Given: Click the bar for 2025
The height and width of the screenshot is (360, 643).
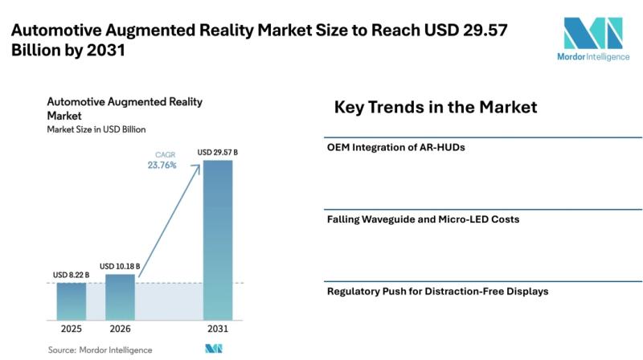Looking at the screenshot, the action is pos(72,301).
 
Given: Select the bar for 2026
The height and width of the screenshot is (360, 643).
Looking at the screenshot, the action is pos(120,297).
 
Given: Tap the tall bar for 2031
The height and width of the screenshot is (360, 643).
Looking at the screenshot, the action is pos(218,240).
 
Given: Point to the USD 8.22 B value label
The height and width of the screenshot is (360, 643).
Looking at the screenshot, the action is pos(71,275).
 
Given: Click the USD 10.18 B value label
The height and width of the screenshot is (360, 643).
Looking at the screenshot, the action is pos(120,266).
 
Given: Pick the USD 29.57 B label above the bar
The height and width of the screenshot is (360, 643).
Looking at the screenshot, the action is pos(217,152).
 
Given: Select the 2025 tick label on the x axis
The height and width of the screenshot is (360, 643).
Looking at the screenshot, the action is pos(72,329).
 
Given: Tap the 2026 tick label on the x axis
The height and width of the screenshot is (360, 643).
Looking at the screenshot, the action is pos(120,329).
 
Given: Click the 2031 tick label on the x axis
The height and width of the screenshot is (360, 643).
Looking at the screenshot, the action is pos(218,329).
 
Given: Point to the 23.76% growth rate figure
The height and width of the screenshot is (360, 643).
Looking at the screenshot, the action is pos(162,165).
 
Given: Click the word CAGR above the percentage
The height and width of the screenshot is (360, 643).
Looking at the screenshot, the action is pos(166,154).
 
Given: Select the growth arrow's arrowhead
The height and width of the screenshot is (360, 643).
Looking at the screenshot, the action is pos(196,169).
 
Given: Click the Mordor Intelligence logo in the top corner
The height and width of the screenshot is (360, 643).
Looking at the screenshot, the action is pos(593,39).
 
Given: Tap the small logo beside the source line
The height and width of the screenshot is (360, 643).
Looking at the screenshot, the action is pos(214,349).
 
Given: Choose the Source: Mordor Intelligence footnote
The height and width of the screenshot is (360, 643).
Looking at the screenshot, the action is pos(100,350).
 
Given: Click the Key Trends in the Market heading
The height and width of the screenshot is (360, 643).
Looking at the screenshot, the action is pos(436,107).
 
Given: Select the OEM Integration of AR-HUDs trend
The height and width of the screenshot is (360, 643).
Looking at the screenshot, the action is pos(395,147).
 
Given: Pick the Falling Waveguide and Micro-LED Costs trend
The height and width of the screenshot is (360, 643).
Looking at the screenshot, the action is pos(424,219).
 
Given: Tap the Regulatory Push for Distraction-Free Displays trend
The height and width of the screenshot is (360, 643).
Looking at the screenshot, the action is pos(437,292).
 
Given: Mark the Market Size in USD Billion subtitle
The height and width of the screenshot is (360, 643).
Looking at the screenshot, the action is pos(96,129).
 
